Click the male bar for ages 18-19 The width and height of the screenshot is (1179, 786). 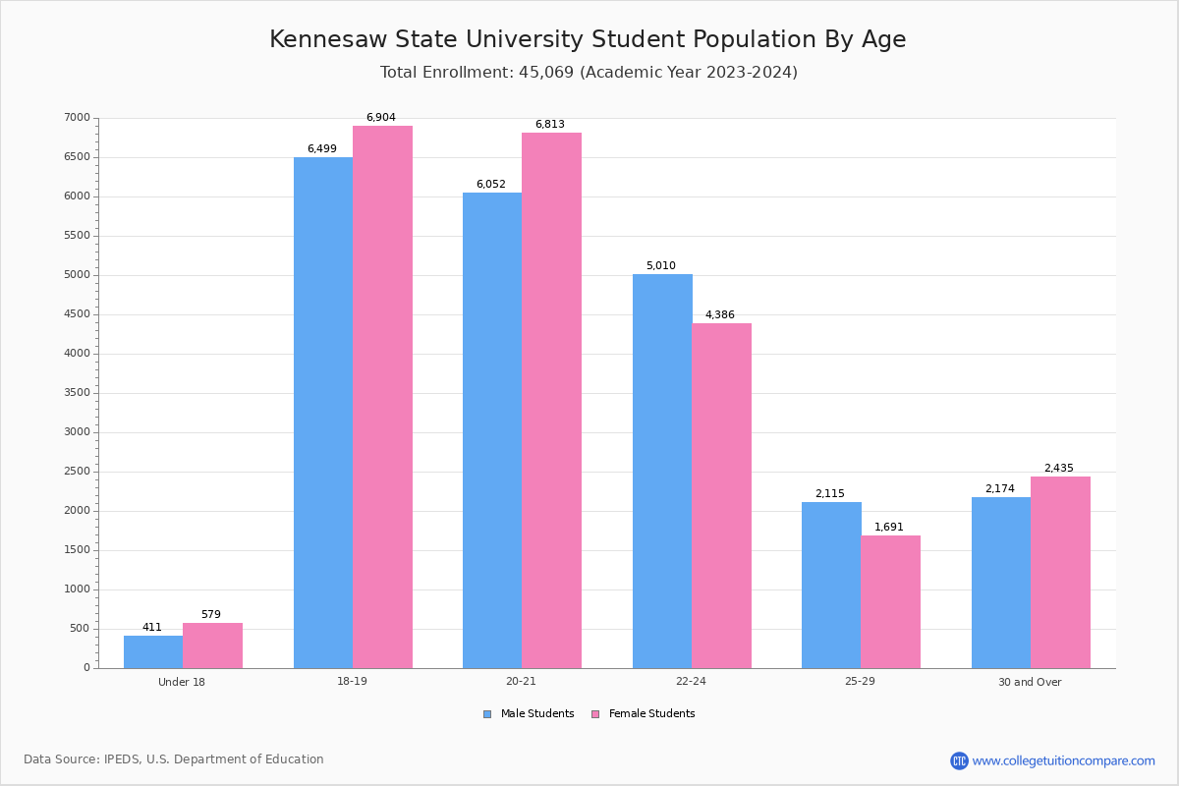click(x=323, y=413)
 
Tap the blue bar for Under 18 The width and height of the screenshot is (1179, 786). click(x=153, y=651)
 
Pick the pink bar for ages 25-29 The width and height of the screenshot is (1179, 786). click(x=890, y=601)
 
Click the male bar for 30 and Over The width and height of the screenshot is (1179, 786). click(x=1001, y=583)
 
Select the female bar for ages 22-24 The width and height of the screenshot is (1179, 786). click(x=721, y=495)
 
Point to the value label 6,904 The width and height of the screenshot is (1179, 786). click(x=381, y=118)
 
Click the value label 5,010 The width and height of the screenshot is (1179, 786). click(x=660, y=266)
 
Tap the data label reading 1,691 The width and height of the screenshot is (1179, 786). click(x=889, y=528)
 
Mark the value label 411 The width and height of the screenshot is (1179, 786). click(x=152, y=628)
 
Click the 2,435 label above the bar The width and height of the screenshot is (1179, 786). click(x=1059, y=469)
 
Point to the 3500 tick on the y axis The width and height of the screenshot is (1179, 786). click(x=77, y=393)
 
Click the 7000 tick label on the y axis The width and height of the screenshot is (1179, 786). click(x=77, y=118)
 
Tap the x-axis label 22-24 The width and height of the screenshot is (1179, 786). click(x=691, y=682)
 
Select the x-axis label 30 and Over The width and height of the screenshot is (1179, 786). click(x=1030, y=682)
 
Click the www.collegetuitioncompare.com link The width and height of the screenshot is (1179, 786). click(x=1063, y=760)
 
